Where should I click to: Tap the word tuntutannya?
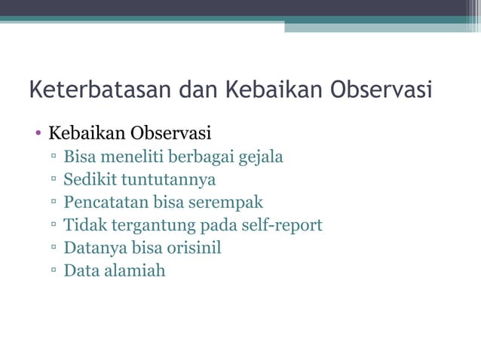click(x=169, y=180)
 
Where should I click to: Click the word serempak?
click(x=228, y=203)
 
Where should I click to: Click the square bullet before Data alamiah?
click(x=54, y=271)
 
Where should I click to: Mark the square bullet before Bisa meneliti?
click(x=54, y=158)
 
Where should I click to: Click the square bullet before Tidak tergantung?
click(x=54, y=226)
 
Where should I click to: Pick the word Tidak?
click(x=83, y=225)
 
